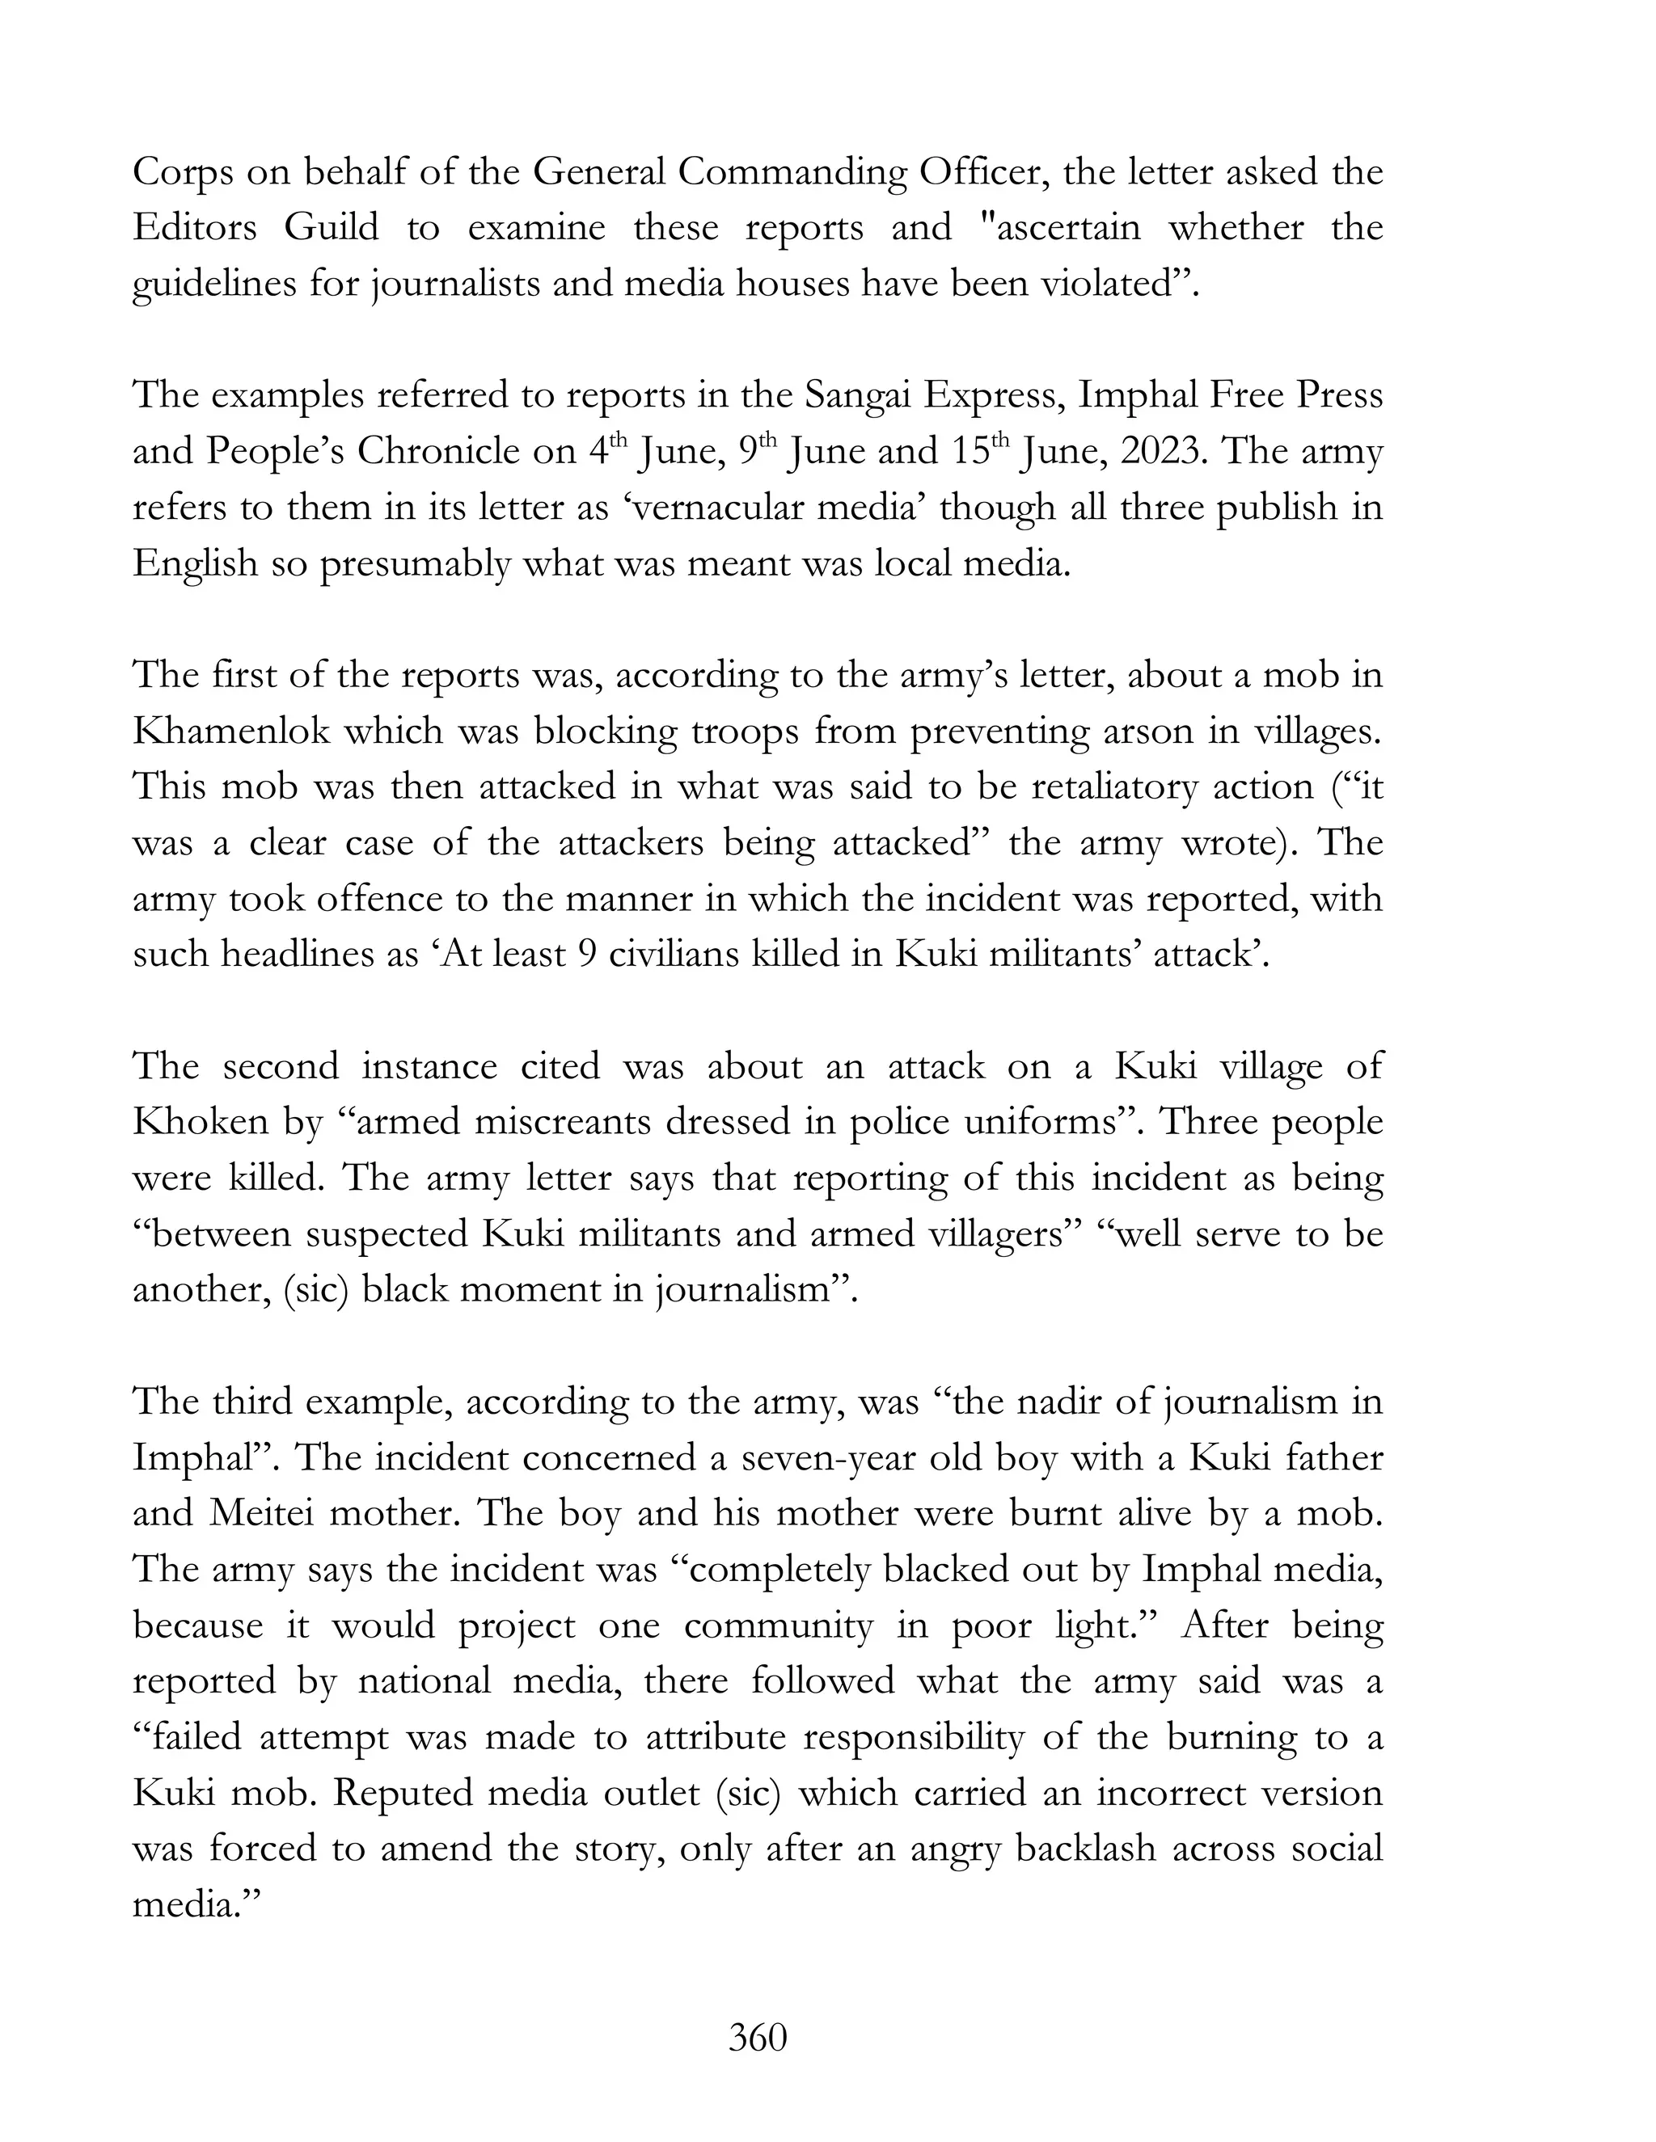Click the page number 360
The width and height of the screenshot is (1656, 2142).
(758, 2038)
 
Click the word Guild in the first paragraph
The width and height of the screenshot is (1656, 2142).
(332, 229)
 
